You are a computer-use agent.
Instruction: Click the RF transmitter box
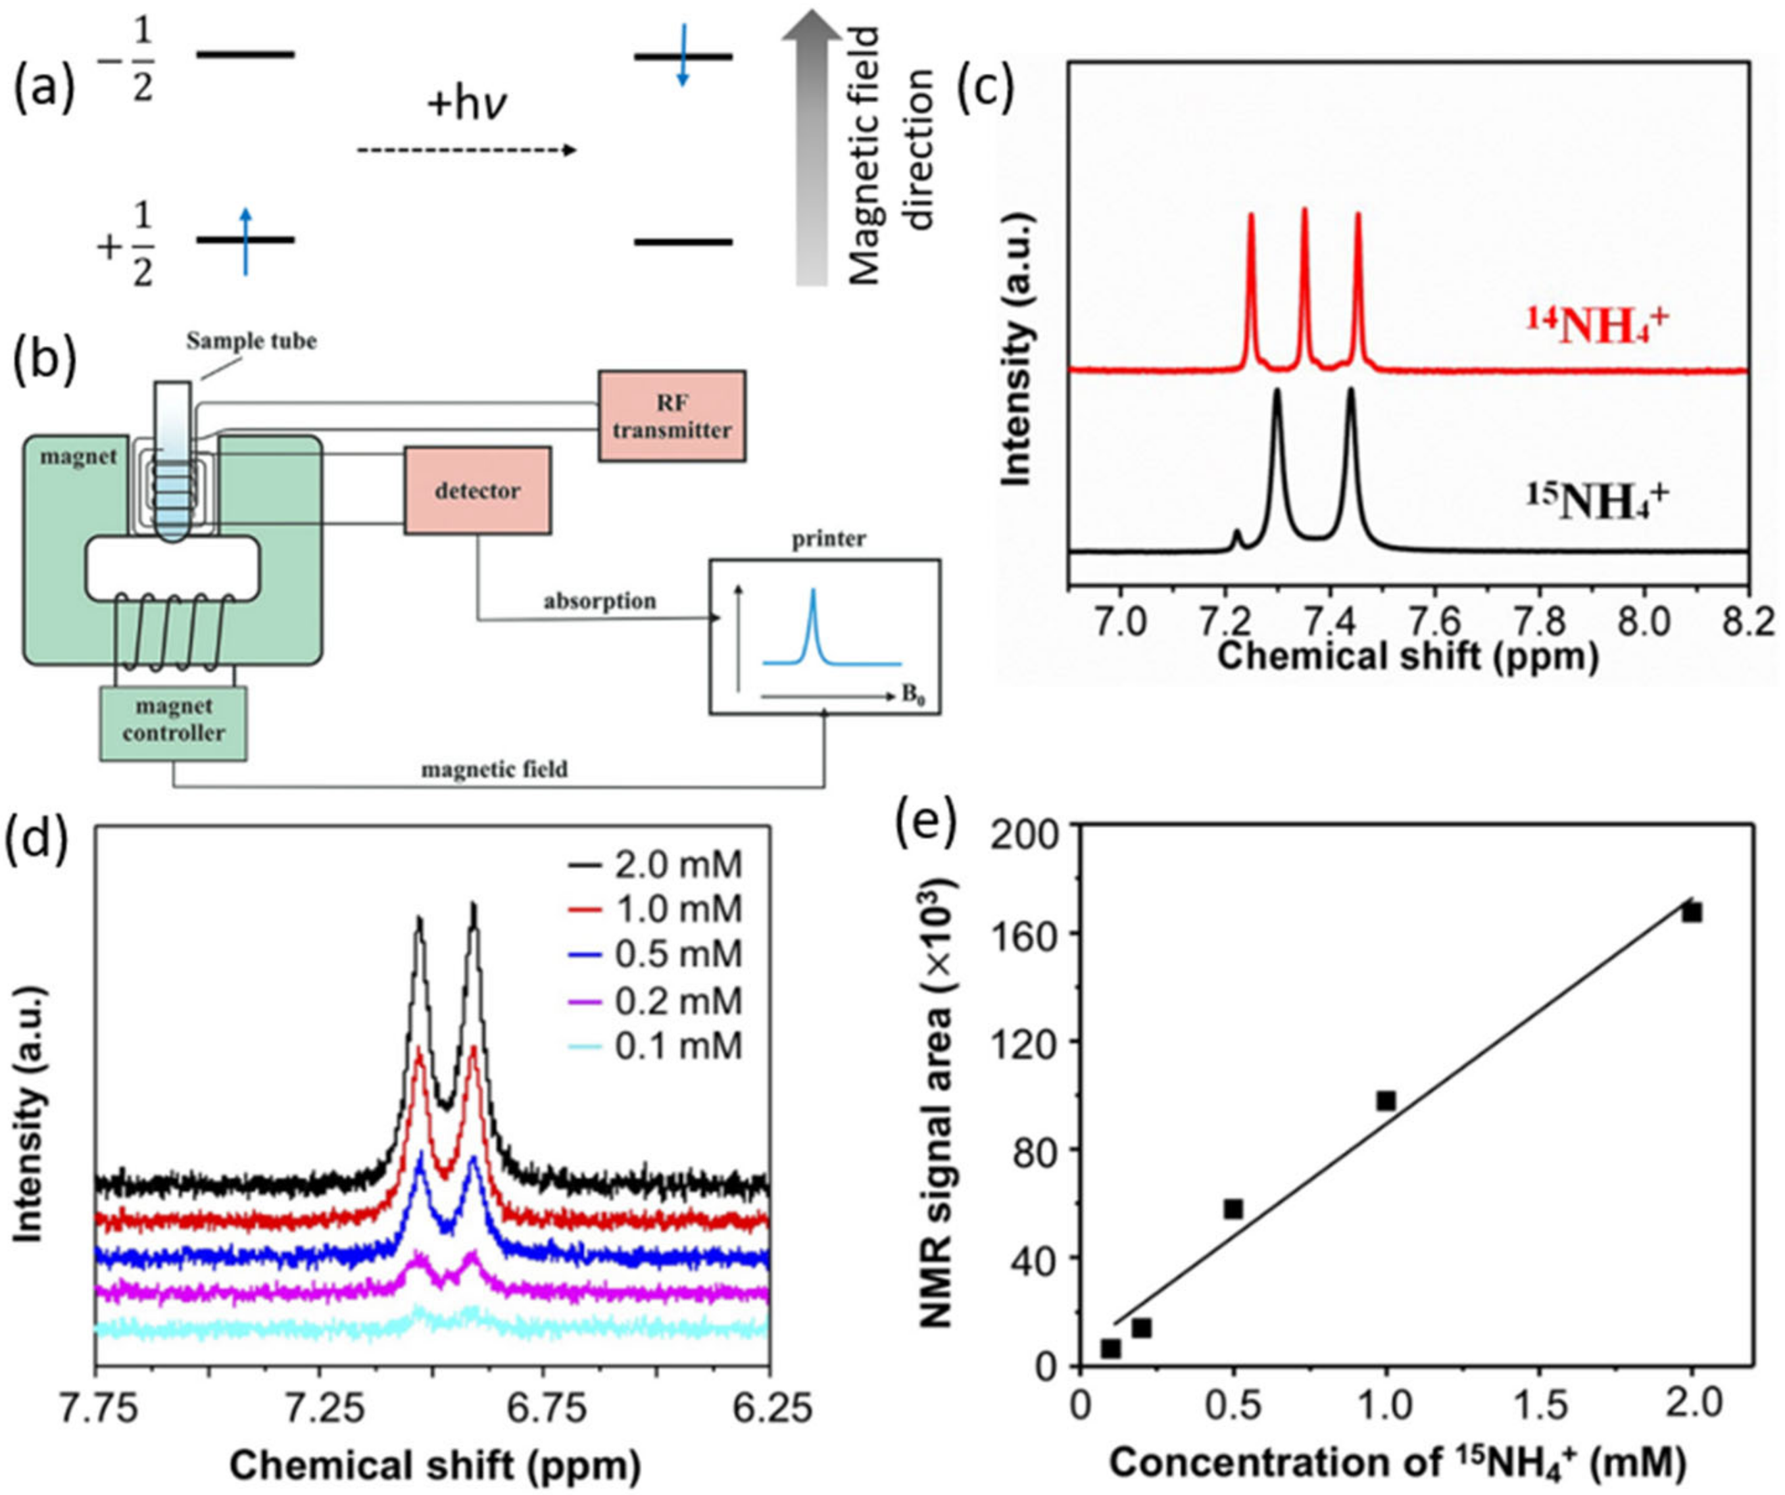(672, 416)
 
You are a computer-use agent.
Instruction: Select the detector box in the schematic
(477, 491)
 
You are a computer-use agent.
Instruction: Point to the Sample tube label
(252, 341)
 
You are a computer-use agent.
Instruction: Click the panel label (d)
(37, 852)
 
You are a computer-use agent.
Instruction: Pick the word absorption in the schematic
(600, 601)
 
